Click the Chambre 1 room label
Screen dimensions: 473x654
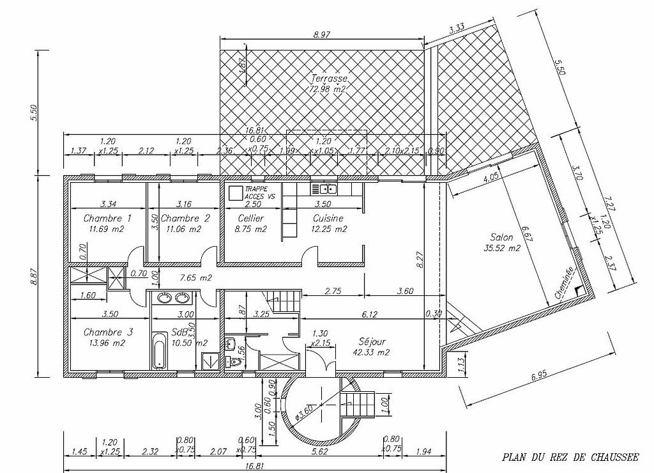pos(107,218)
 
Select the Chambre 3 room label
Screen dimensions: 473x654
pos(107,332)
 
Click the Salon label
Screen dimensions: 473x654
pos(502,236)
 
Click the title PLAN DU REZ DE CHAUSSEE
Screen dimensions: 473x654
pos(570,457)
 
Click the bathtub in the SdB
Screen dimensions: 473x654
pos(158,350)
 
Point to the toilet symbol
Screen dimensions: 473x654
pos(234,362)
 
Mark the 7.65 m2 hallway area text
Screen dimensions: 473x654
pos(196,278)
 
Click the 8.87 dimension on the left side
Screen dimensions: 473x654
pos(36,275)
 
